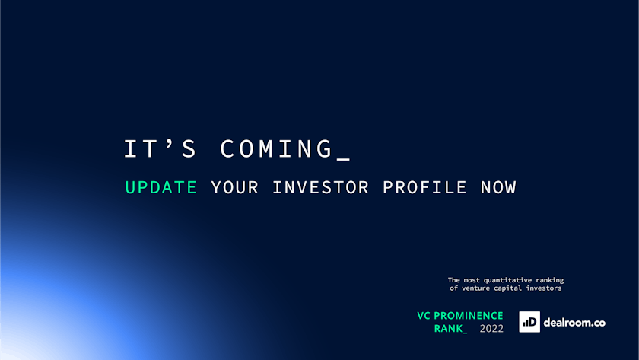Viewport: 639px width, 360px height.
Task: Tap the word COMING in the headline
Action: click(277, 149)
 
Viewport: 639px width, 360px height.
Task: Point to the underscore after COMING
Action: click(344, 159)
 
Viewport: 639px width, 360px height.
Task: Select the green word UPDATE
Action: click(161, 187)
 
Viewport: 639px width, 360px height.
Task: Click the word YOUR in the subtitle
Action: click(235, 187)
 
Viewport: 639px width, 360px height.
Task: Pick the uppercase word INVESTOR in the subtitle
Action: click(320, 187)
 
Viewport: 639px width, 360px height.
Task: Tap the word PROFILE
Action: click(424, 187)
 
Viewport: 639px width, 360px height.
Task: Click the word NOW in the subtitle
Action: click(498, 187)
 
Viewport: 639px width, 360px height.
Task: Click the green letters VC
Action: click(424, 316)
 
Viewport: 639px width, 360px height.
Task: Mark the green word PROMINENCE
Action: click(469, 316)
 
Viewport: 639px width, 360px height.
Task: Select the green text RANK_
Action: click(450, 329)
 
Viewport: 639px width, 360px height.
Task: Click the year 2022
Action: click(491, 329)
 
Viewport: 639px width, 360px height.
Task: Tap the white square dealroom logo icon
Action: click(529, 322)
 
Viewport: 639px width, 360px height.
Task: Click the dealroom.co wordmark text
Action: click(574, 323)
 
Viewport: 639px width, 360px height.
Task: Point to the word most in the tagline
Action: click(472, 280)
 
